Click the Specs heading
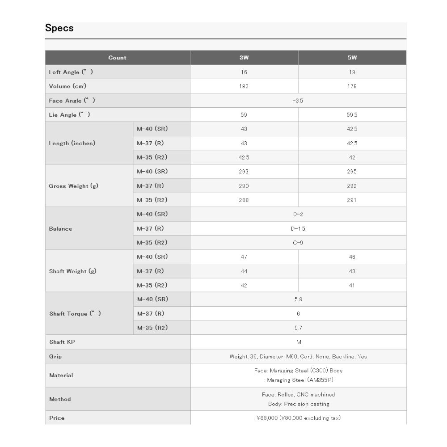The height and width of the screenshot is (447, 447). [x=59, y=28]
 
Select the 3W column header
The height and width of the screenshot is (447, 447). [x=244, y=58]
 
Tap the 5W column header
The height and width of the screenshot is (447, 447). [x=352, y=58]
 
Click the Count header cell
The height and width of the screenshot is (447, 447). [x=117, y=58]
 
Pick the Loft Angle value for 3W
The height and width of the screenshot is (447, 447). [x=244, y=72]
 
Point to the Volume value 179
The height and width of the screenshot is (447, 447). [x=352, y=86]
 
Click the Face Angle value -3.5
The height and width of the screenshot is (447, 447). [x=298, y=101]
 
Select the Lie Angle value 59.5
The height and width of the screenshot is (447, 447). [x=352, y=115]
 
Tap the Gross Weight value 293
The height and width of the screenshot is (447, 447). [x=244, y=172]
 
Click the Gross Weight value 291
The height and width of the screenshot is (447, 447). [x=352, y=200]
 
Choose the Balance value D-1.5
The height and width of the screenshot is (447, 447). [x=298, y=228]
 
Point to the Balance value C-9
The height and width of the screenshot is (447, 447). [x=298, y=243]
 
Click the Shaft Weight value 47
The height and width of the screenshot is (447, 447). [x=244, y=257]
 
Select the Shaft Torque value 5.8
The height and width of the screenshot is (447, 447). [x=298, y=299]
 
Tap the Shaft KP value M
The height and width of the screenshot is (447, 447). [x=298, y=342]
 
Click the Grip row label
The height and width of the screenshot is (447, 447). [x=55, y=357]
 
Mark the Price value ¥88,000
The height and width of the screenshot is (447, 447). [x=298, y=418]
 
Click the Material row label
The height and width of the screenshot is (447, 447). [x=61, y=375]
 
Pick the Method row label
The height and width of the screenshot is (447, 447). [x=60, y=399]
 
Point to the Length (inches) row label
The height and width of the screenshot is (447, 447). [x=72, y=143]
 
